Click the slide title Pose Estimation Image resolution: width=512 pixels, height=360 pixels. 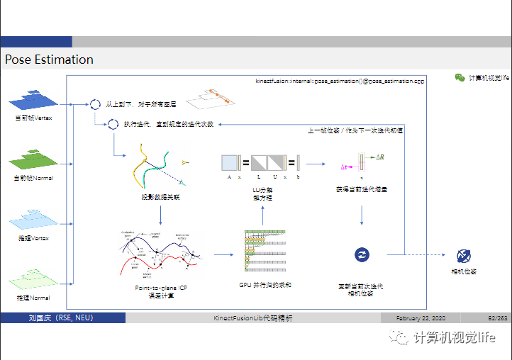click(x=49, y=60)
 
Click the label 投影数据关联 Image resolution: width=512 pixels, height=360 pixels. click(x=160, y=197)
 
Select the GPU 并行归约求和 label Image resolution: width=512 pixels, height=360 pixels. click(x=266, y=284)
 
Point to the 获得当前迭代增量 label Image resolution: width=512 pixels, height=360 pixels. click(x=362, y=189)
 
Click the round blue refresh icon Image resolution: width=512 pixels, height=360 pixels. click(x=362, y=254)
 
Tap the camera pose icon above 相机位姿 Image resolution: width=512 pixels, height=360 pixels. click(x=463, y=255)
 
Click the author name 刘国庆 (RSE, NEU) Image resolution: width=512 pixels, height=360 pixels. click(x=56, y=318)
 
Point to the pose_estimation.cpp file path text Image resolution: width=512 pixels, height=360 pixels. click(x=340, y=81)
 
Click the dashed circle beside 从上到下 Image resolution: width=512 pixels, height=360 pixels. click(x=95, y=105)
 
